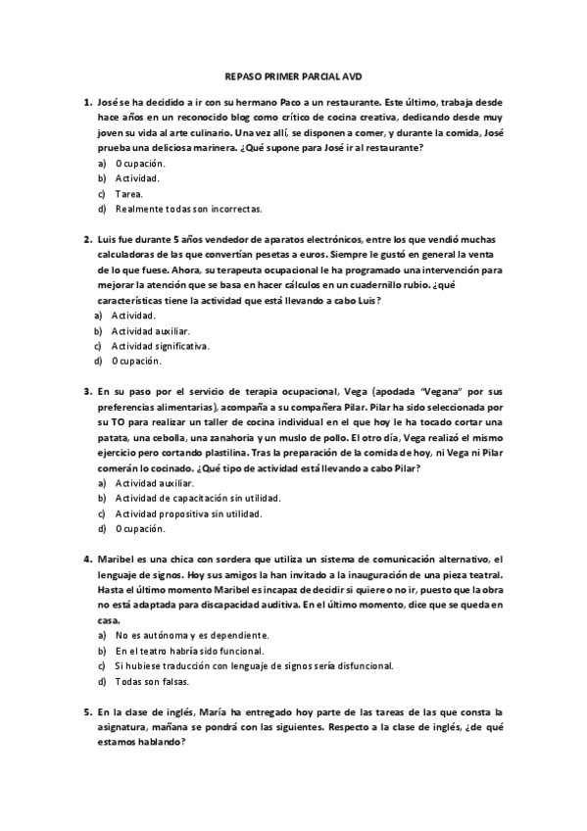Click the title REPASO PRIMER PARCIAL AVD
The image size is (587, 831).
(x=293, y=74)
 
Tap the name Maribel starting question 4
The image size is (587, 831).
(x=118, y=558)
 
